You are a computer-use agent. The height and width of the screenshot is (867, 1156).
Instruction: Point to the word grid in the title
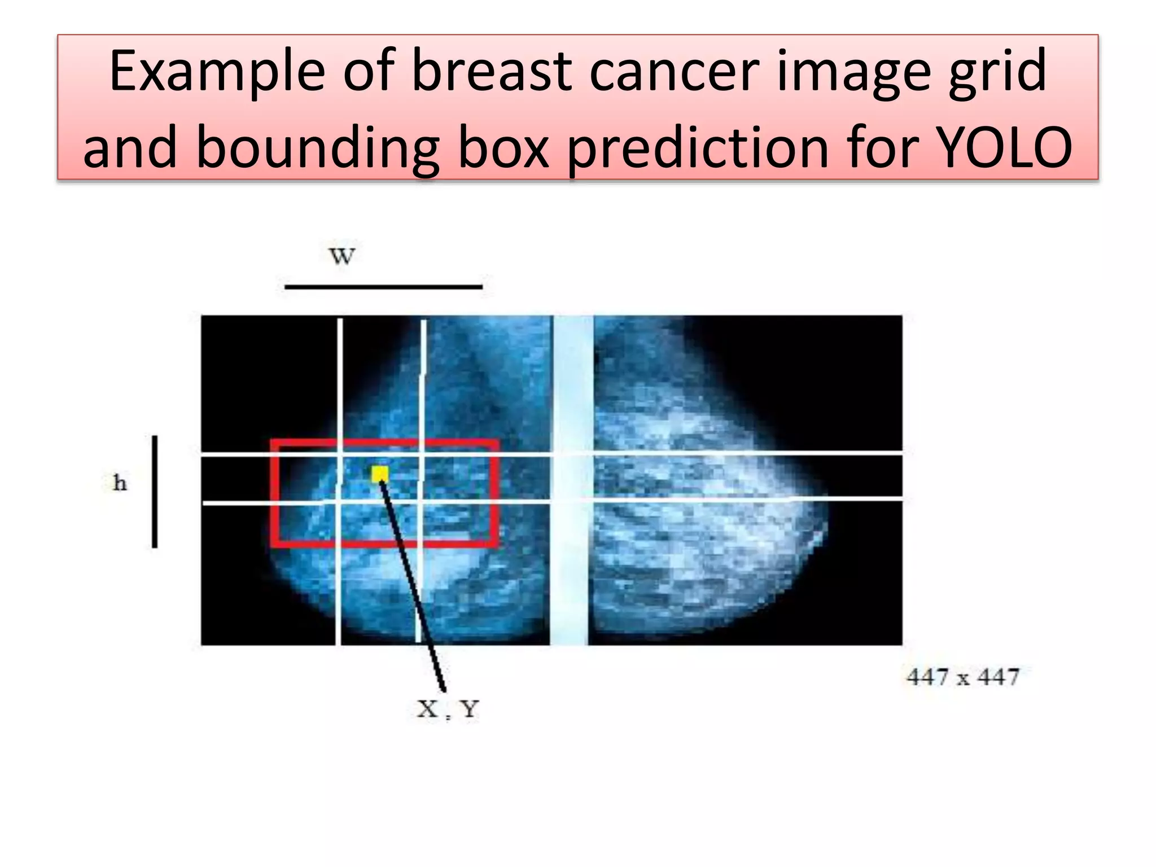pyautogui.click(x=997, y=72)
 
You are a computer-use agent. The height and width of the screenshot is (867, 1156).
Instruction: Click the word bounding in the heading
pyautogui.click(x=317, y=148)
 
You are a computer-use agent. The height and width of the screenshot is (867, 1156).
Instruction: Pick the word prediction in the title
pyautogui.click(x=698, y=148)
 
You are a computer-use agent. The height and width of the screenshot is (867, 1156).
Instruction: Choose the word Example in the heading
pyautogui.click(x=217, y=72)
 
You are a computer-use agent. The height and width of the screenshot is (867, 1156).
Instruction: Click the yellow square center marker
pyautogui.click(x=380, y=474)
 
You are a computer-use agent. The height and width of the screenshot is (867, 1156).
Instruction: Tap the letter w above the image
pyautogui.click(x=342, y=256)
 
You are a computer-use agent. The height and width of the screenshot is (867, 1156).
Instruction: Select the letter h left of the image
pyautogui.click(x=120, y=483)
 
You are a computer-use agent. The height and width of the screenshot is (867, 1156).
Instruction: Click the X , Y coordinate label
pyautogui.click(x=448, y=709)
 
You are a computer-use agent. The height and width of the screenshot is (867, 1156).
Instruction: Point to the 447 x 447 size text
pyautogui.click(x=963, y=676)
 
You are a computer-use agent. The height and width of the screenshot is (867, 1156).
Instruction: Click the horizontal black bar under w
pyautogui.click(x=383, y=287)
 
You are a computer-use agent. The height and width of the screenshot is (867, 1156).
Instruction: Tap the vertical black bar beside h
pyautogui.click(x=155, y=491)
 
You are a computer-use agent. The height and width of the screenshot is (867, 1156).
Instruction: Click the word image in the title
pyautogui.click(x=853, y=72)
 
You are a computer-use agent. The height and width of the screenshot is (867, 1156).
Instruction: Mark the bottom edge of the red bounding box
pyautogui.click(x=384, y=544)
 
